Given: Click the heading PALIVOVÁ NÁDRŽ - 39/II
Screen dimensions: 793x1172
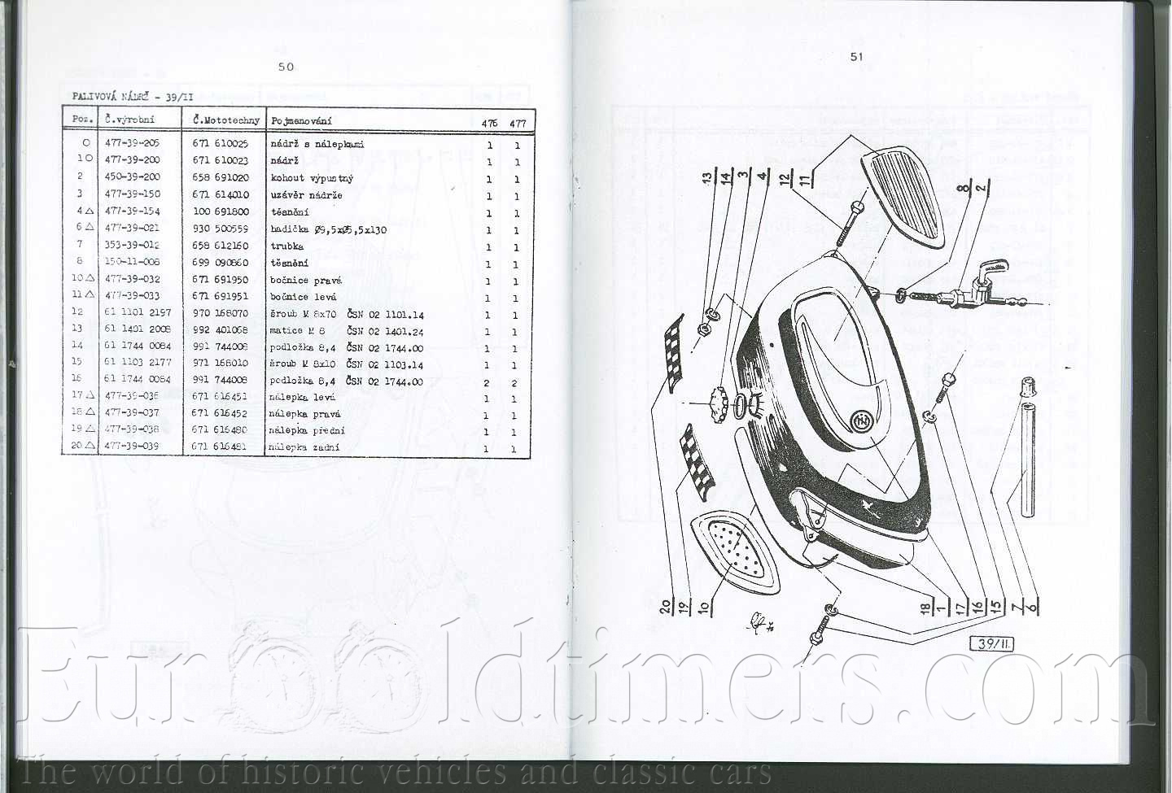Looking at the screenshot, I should point(126,97).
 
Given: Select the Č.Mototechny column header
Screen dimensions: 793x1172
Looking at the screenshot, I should point(225,120).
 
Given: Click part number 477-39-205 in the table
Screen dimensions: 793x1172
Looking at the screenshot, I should point(132,143).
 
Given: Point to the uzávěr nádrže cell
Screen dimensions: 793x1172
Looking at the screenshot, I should point(306,195).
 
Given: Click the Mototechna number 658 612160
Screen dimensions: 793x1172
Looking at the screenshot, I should point(221,246).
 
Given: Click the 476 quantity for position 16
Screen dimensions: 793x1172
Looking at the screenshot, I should point(487,383).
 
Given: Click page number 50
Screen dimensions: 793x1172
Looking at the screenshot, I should point(286,67).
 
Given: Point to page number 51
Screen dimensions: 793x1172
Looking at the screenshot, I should point(856,56).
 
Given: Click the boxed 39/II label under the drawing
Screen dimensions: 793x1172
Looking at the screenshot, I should point(992,644).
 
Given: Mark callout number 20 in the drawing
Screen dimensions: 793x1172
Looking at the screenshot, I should point(666,606).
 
